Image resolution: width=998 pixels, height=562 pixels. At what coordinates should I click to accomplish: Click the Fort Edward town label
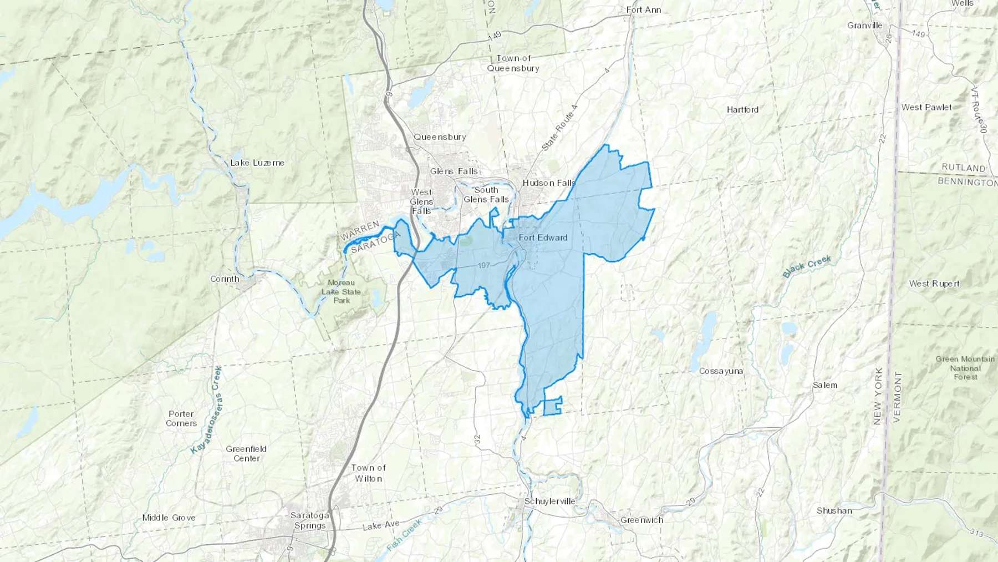(543, 237)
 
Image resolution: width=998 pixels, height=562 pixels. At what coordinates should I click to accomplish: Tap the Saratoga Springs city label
(309, 520)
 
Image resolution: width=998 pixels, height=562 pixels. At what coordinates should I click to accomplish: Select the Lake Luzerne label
(257, 163)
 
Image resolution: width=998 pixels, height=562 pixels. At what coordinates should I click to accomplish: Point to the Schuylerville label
(549, 502)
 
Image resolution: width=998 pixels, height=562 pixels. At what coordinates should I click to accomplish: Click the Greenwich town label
(641, 520)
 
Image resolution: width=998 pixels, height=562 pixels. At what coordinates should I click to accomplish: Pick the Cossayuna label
(721, 371)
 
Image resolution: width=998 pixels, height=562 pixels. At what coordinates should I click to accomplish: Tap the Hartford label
(742, 110)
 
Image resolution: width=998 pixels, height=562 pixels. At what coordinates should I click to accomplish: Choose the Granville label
(864, 26)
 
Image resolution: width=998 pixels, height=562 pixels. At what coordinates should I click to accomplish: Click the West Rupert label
(934, 283)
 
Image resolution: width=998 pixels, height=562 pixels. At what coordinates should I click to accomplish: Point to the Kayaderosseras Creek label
(205, 409)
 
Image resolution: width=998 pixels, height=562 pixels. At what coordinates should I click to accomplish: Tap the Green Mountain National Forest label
(965, 367)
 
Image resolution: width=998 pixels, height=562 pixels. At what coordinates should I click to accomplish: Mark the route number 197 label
(483, 266)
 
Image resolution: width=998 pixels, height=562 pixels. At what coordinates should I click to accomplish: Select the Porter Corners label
(181, 418)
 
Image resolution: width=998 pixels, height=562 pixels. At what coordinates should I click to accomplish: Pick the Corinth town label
(225, 279)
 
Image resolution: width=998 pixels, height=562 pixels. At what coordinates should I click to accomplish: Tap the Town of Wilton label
(368, 473)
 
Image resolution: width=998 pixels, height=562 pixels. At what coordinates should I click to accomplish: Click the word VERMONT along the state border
(898, 397)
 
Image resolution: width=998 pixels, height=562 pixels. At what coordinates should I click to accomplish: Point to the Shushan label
(834, 510)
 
